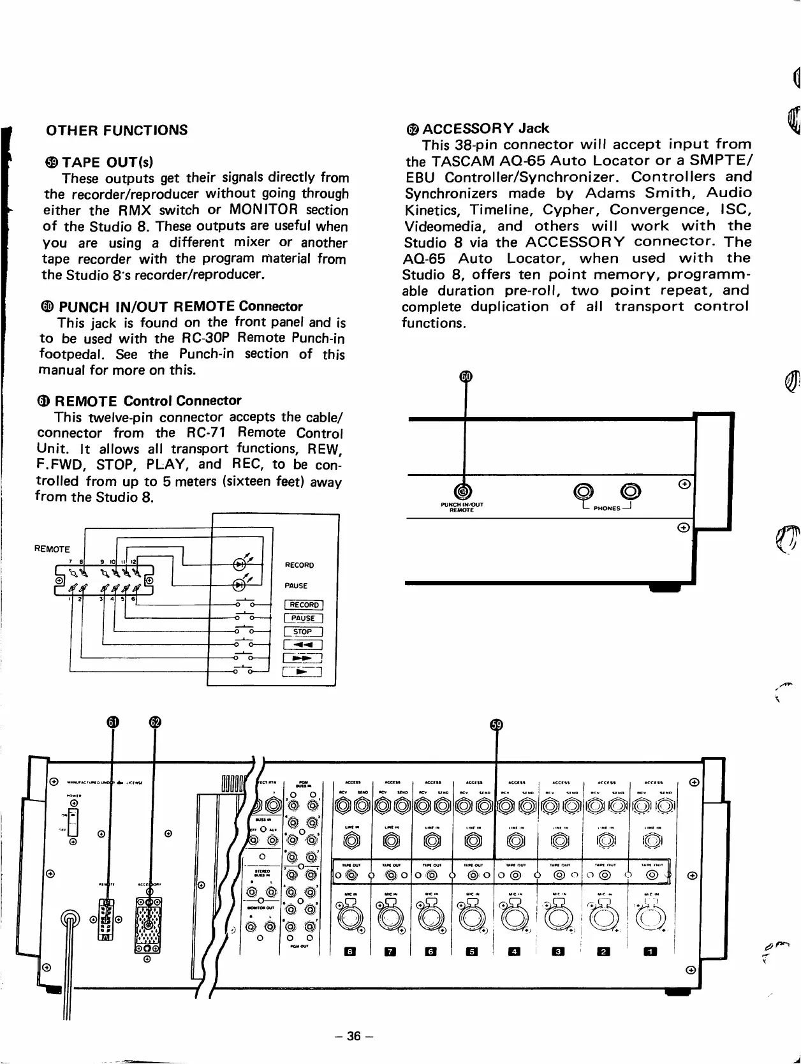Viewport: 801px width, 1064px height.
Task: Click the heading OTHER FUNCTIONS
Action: [x=117, y=130]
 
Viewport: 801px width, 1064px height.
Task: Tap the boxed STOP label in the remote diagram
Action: [x=303, y=632]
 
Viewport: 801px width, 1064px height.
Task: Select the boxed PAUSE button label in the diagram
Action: [x=303, y=618]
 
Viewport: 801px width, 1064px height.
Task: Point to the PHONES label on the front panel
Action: [x=606, y=508]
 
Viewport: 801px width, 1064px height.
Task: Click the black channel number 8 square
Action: [x=349, y=952]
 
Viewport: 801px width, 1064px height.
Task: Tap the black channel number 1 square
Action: [x=650, y=952]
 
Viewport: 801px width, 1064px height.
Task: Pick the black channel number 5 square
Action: [x=472, y=952]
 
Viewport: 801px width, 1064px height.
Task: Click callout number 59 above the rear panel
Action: [x=496, y=725]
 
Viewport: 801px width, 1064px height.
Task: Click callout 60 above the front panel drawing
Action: [x=466, y=376]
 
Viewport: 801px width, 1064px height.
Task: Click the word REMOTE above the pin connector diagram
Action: [x=52, y=549]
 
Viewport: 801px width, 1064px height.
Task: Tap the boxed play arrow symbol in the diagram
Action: [x=302, y=671]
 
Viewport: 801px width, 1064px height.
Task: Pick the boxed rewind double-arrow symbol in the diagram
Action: [x=303, y=645]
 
